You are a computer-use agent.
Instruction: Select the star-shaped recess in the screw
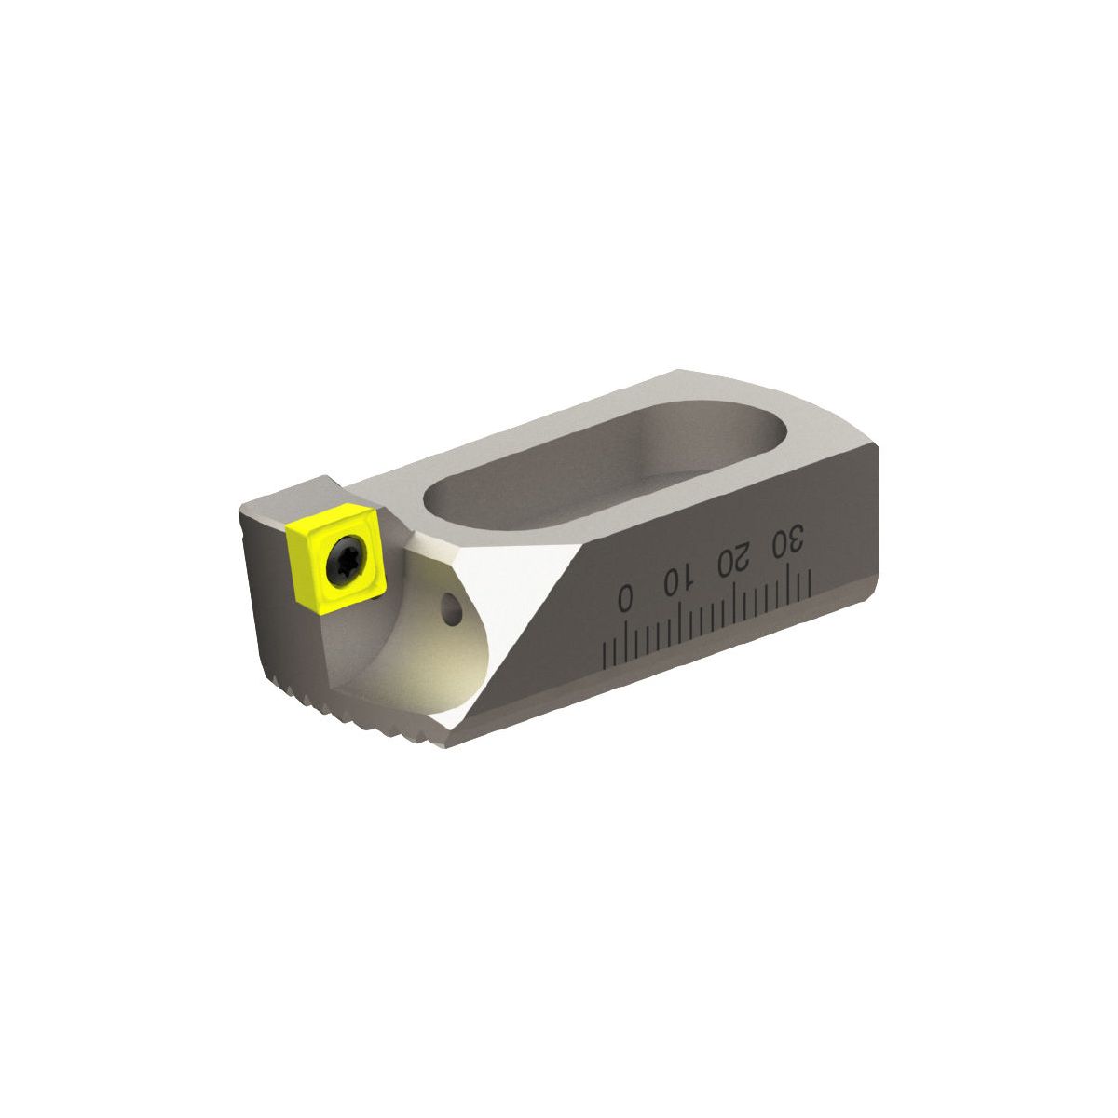coord(347,561)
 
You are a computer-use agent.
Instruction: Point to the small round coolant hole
coord(452,608)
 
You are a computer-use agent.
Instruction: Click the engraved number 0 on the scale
coord(625,596)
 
